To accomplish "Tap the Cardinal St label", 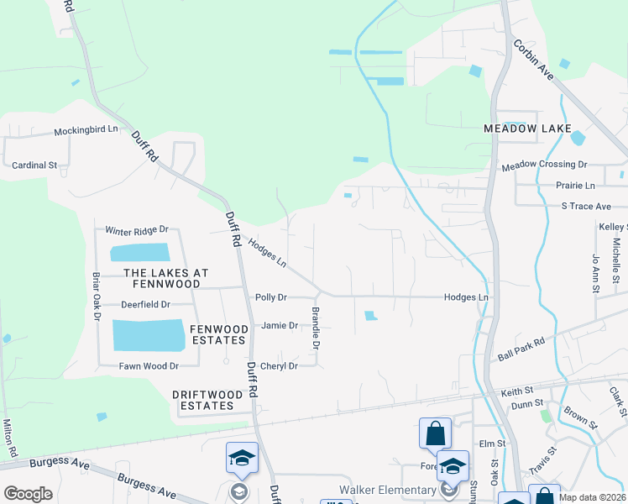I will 34,165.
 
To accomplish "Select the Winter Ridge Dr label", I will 137,229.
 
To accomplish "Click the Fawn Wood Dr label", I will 149,366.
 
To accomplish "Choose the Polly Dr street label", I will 271,297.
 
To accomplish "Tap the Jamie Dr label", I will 280,325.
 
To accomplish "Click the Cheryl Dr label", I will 279,366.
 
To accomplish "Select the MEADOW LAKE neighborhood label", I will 520,129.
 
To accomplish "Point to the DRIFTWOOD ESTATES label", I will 203,400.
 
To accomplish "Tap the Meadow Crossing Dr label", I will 544,166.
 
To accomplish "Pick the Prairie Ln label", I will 575,185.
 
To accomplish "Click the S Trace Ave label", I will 586,206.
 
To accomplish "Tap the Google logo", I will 28,494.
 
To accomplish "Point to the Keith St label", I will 517,391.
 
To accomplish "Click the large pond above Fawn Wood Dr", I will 149,335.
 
